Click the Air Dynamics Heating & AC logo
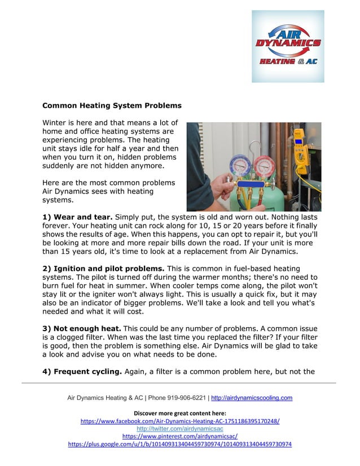[288, 46]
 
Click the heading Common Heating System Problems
[112, 105]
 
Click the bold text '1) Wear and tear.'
[78, 217]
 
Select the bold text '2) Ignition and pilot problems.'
[104, 268]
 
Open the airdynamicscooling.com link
[252, 398]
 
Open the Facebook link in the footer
[180, 421]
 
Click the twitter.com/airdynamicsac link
[180, 429]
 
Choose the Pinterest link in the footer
[180, 437]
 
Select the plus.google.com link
[180, 445]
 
